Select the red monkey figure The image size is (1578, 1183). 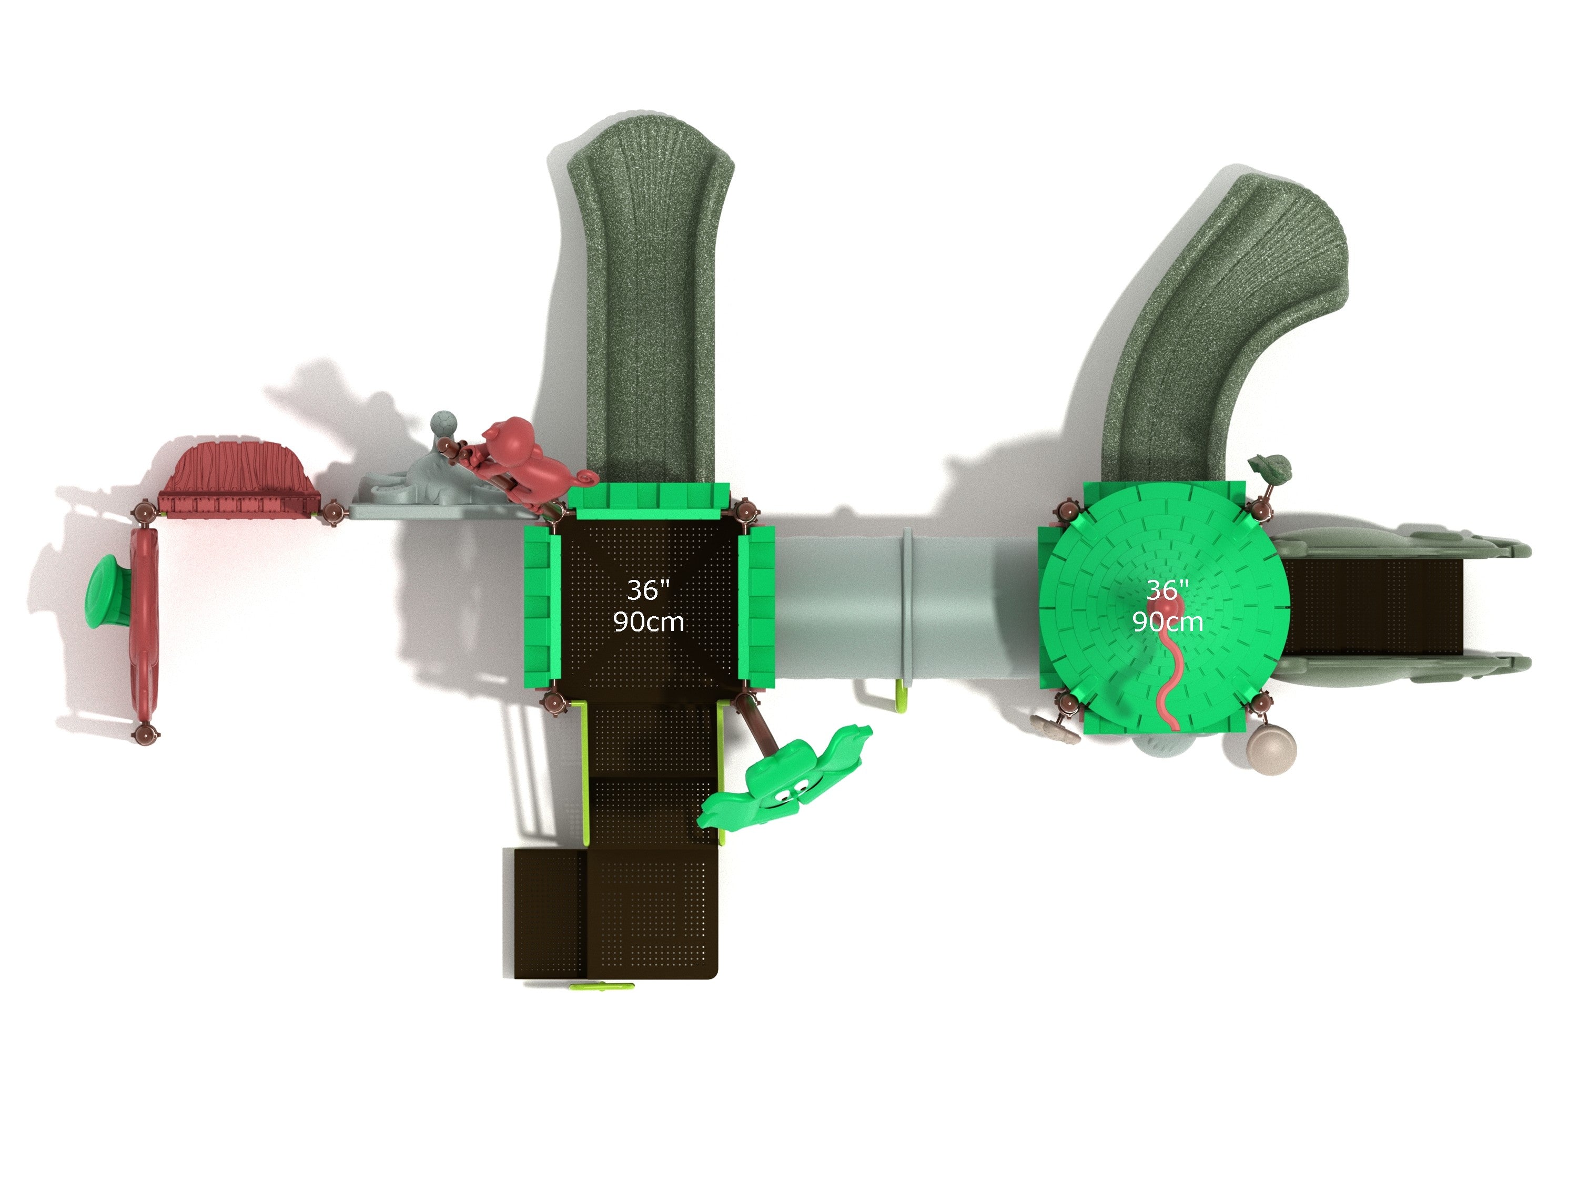coord(524,458)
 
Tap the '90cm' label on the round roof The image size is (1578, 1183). coord(1168,622)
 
